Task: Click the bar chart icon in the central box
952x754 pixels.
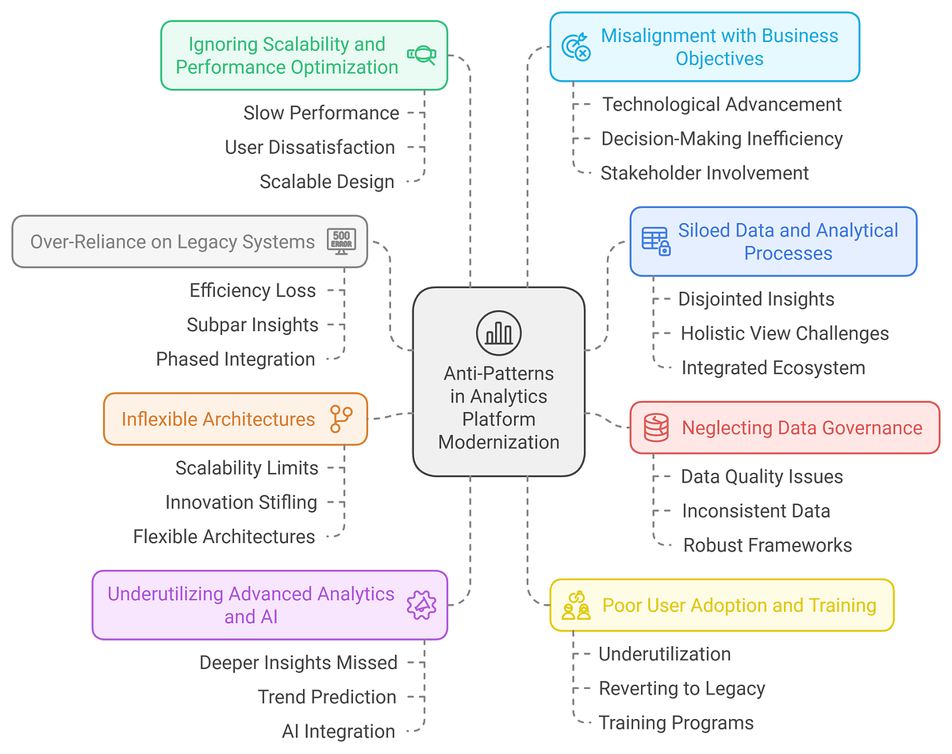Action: (x=499, y=333)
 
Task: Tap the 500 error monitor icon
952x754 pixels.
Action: (x=342, y=240)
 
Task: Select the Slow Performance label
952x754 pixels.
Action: (x=321, y=113)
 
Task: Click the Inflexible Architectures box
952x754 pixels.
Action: (x=235, y=418)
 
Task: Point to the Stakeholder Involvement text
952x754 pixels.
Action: (x=704, y=173)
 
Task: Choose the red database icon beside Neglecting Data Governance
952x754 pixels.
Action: (x=656, y=427)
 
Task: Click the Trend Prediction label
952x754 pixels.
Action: (x=327, y=697)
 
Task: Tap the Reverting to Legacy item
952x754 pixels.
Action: (x=681, y=688)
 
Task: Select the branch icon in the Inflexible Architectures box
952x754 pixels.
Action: (x=341, y=418)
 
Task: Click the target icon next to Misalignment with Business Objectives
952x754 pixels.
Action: (x=576, y=47)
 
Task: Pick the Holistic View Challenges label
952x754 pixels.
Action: (x=785, y=333)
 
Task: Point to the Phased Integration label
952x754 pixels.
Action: (x=236, y=359)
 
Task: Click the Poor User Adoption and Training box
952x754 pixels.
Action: (x=721, y=606)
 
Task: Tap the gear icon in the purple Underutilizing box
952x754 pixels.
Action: (x=420, y=605)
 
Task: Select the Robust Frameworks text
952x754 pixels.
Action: (x=767, y=545)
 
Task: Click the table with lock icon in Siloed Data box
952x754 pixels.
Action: (x=655, y=241)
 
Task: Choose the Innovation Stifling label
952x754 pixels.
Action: (x=241, y=502)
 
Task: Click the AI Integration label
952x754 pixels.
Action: (x=338, y=731)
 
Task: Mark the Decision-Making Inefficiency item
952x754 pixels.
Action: (x=721, y=139)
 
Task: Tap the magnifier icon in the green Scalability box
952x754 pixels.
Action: (x=420, y=55)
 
